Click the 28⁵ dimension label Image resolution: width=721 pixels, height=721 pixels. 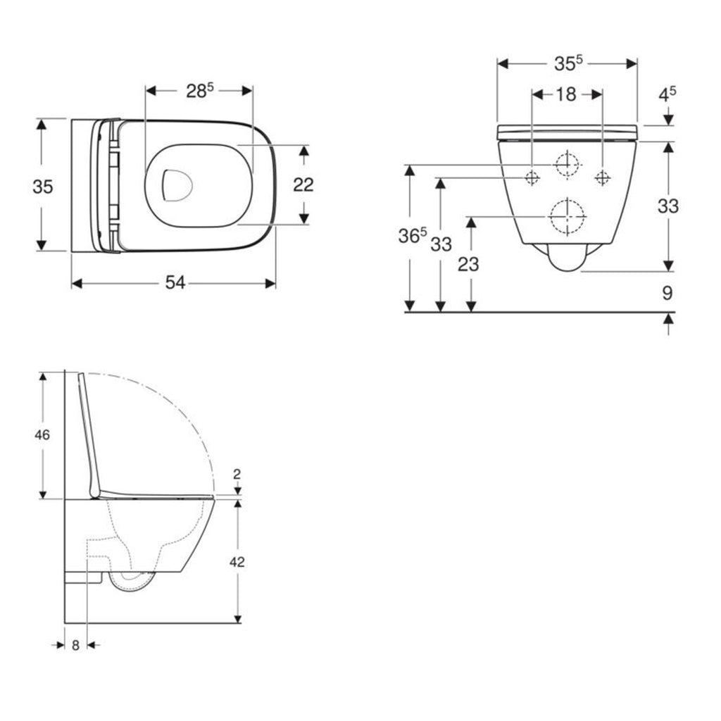(199, 91)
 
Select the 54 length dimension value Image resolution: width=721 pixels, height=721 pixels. (175, 282)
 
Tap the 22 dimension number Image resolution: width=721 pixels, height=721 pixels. (303, 184)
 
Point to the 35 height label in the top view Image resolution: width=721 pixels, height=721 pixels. (42, 187)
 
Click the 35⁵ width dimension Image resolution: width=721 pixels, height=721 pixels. (568, 63)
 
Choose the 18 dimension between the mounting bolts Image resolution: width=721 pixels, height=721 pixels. (566, 94)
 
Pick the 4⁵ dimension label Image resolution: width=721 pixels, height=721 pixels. (667, 92)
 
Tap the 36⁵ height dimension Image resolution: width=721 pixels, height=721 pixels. (413, 237)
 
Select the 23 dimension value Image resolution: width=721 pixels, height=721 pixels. (468, 264)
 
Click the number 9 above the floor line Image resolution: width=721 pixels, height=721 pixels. (667, 291)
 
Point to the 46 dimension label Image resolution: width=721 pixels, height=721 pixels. (42, 435)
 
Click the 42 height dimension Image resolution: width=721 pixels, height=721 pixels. (237, 562)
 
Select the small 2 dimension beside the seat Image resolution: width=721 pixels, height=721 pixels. (237, 473)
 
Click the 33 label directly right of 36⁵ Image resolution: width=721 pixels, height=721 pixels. (441, 244)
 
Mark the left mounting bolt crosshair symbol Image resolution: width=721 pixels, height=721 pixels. (532, 177)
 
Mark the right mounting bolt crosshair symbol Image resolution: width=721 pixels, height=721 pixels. (602, 177)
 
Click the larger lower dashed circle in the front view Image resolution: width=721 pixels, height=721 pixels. (567, 216)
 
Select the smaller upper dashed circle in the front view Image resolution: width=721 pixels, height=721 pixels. (567, 164)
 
